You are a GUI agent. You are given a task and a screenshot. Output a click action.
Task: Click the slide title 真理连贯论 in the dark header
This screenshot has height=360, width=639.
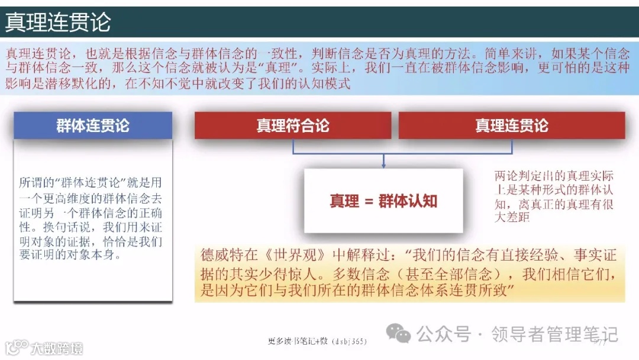[x=57, y=23]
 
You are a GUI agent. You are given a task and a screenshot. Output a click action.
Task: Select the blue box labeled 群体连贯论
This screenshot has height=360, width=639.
[x=93, y=126]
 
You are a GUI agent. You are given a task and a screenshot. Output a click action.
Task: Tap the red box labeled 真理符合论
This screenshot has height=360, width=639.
[x=293, y=126]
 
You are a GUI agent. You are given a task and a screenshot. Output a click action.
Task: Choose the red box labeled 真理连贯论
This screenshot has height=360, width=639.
[x=512, y=126]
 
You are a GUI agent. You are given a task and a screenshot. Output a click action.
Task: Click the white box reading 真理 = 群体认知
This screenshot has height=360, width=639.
[x=383, y=201]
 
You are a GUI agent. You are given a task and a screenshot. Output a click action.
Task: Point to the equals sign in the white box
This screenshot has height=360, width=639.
[x=367, y=201]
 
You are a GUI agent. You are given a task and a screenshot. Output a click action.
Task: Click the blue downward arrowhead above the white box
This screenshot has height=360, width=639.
[x=383, y=164]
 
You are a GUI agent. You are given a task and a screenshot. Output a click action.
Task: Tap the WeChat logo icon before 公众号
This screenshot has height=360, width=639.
[x=398, y=335]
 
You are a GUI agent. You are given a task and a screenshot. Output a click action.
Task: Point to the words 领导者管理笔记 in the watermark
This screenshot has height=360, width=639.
[x=554, y=335]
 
